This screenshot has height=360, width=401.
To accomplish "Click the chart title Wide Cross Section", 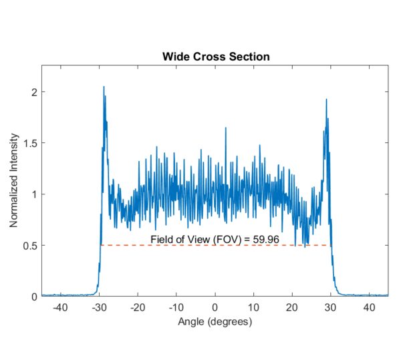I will pyautogui.click(x=215, y=56).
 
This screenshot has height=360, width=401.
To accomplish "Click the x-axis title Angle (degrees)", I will pyautogui.click(x=215, y=322).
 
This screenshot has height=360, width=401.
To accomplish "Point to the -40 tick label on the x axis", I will pyautogui.click(x=60, y=307).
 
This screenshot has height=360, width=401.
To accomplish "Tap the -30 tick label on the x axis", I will pyautogui.click(x=99, y=307).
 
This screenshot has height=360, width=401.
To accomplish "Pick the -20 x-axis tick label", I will pyautogui.click(x=137, y=307).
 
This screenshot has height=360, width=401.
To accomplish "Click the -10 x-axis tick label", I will pyautogui.click(x=176, y=307).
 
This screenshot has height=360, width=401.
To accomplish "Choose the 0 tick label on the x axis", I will pyautogui.click(x=215, y=307).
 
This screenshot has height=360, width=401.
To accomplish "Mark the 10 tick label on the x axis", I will pyautogui.click(x=253, y=307).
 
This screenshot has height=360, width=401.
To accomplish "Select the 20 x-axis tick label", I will pyautogui.click(x=291, y=307).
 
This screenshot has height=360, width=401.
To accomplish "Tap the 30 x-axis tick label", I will pyautogui.click(x=330, y=307).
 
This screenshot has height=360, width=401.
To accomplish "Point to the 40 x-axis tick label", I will pyautogui.click(x=369, y=307).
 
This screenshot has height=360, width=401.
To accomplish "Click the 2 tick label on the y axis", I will pyautogui.click(x=32, y=92).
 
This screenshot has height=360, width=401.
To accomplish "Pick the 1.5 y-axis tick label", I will pyautogui.click(x=28, y=143).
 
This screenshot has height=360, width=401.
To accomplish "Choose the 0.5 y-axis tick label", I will pyautogui.click(x=28, y=245).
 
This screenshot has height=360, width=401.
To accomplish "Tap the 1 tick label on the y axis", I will pyautogui.click(x=32, y=194).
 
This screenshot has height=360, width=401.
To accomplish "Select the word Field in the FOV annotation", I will pyautogui.click(x=161, y=238).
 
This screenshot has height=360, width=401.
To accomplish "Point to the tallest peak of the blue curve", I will pyautogui.click(x=104, y=87).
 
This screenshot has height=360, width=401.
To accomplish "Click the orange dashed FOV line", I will pyautogui.click(x=215, y=245).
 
